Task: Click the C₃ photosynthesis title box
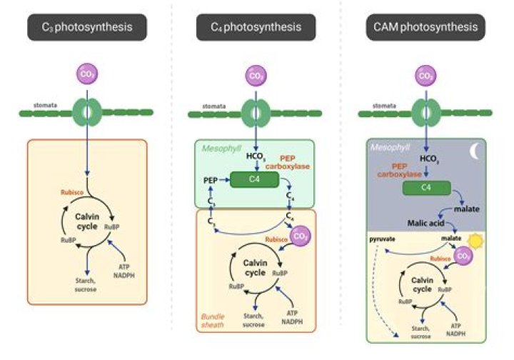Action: point(88,28)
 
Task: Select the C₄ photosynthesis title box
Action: point(256,28)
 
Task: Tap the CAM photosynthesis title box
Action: point(425,28)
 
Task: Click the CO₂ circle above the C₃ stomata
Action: point(88,74)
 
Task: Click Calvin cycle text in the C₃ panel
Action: point(80,221)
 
